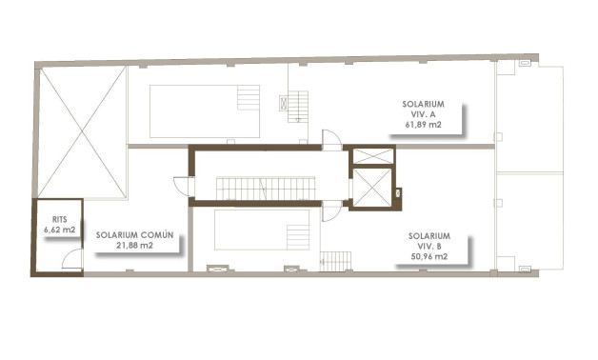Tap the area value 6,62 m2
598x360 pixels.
(x=58, y=230)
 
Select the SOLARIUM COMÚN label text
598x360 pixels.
(x=134, y=233)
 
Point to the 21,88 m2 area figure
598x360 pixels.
(x=134, y=245)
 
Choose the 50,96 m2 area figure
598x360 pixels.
(x=429, y=256)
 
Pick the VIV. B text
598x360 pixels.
(x=429, y=245)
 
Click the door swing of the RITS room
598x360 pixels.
(x=72, y=260)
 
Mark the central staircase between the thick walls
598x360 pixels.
(x=265, y=188)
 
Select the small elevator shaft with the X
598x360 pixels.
(x=371, y=155)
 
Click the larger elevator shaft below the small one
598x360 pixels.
(x=370, y=187)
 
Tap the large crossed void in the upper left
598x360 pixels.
(x=82, y=132)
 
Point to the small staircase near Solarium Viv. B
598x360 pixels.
(x=335, y=260)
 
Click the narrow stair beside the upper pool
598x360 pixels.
(x=298, y=105)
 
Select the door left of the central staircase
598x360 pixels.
(x=182, y=187)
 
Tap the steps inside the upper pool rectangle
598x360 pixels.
(x=248, y=98)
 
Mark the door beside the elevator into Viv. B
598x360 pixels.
(x=330, y=212)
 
